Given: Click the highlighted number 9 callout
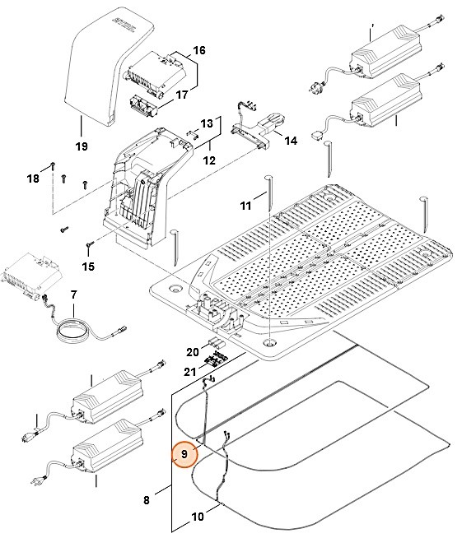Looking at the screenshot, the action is click(184, 454).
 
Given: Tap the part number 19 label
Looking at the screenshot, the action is click(82, 146).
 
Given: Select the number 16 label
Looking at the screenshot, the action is click(199, 50).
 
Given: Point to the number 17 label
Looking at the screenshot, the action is click(182, 95).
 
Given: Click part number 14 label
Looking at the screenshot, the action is click(291, 141).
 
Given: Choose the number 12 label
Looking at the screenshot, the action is click(209, 160).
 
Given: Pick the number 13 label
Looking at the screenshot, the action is click(207, 123).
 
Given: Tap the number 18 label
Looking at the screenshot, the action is click(33, 179).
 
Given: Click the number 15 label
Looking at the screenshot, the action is click(88, 267).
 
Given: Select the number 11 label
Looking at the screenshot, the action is click(245, 206).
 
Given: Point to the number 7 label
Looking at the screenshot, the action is click(73, 295).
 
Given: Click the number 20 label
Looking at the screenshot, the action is click(193, 352).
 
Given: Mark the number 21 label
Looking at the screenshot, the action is click(190, 372).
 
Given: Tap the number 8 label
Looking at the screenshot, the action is click(147, 500).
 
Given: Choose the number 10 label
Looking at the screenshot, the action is click(198, 517).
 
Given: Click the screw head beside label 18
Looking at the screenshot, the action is click(54, 165).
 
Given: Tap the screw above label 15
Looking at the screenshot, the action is click(91, 244).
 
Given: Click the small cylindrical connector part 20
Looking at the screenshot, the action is click(217, 342).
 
